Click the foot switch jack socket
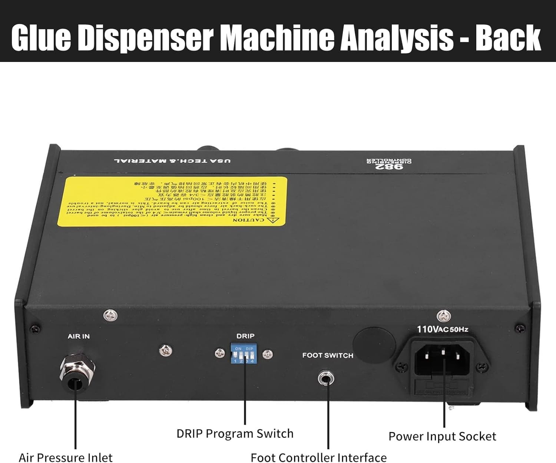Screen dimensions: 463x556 pyautogui.click(x=326, y=379)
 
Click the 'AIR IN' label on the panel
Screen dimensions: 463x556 pyautogui.click(x=79, y=336)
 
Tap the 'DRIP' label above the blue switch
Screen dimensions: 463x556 pyautogui.click(x=245, y=336)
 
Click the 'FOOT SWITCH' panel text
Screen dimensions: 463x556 pyautogui.click(x=328, y=355)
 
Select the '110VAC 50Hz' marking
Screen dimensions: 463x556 pyautogui.click(x=442, y=329)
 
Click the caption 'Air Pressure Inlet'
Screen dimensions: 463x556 pyautogui.click(x=66, y=457)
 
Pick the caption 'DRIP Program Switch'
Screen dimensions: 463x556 pyautogui.click(x=235, y=433)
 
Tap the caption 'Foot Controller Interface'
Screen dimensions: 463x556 pyautogui.click(x=318, y=457)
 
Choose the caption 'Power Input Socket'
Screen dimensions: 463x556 pyautogui.click(x=442, y=436)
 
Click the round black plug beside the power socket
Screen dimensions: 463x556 pyautogui.click(x=374, y=343)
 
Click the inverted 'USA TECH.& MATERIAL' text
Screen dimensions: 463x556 pyautogui.click(x=172, y=161)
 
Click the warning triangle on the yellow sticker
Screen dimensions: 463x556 pyautogui.click(x=275, y=220)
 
